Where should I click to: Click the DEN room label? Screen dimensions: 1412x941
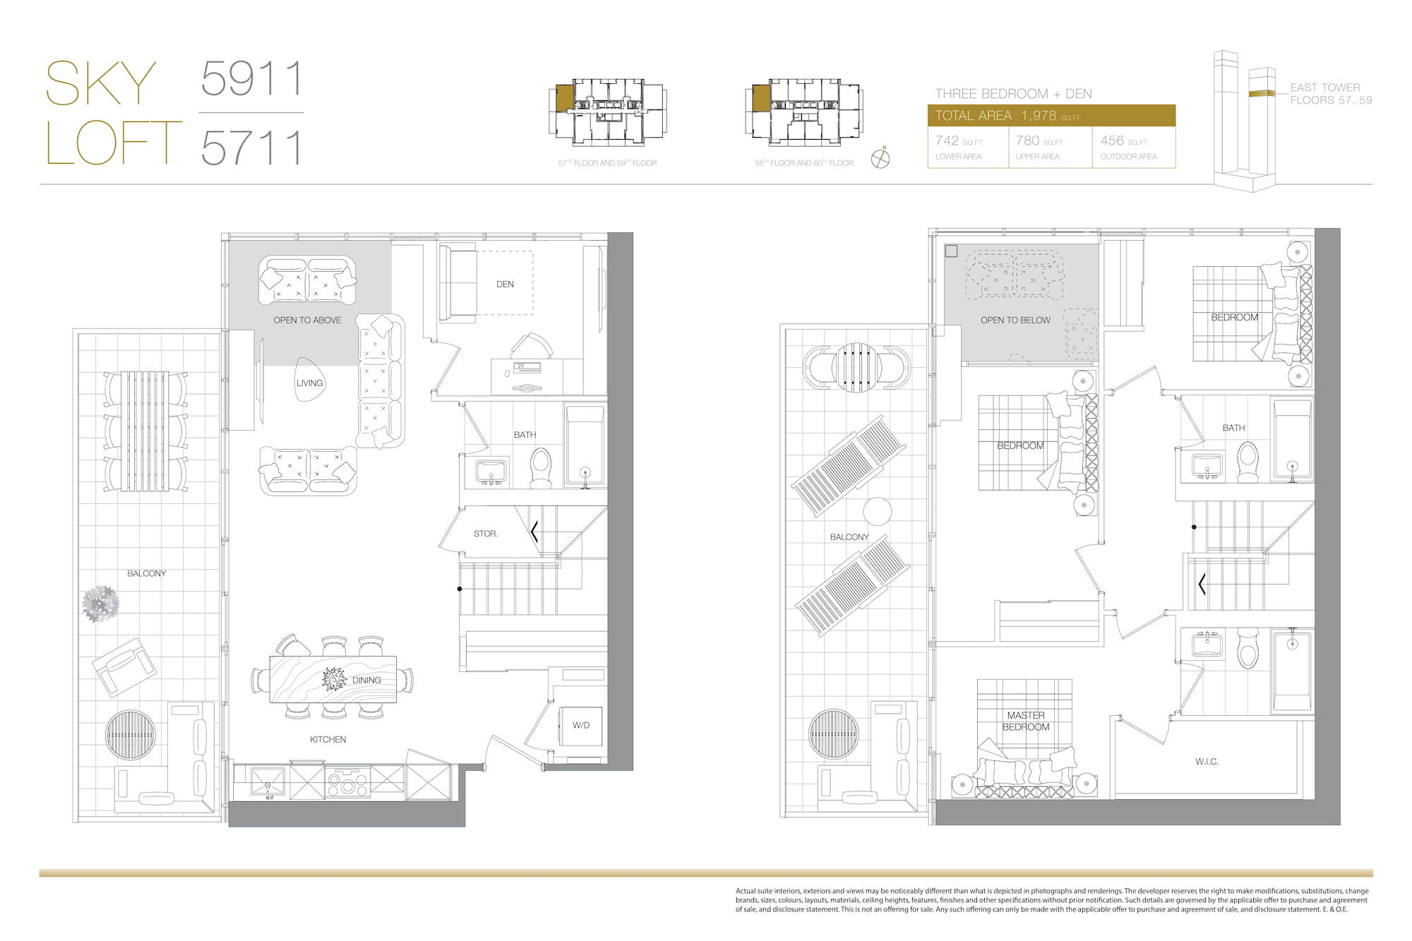[x=505, y=284]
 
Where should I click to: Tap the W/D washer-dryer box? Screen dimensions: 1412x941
[x=581, y=726]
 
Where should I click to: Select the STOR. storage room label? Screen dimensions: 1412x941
[x=486, y=534]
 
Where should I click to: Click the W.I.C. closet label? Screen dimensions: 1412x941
[x=1207, y=762]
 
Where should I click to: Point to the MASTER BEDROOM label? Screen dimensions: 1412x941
[x=1026, y=721]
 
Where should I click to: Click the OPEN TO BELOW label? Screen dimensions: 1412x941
[x=1015, y=320]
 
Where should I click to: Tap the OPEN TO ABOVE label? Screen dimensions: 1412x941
[x=307, y=320]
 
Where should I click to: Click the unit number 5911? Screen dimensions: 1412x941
[x=252, y=78]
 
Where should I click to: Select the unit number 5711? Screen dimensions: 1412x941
[x=252, y=148]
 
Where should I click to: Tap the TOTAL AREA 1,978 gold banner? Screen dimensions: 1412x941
[x=1051, y=116]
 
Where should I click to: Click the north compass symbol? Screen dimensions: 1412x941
[x=880, y=158]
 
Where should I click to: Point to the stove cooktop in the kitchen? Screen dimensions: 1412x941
[x=347, y=782]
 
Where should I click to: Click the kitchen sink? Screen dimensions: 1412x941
[x=268, y=783]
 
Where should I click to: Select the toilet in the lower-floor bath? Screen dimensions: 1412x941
[x=541, y=467]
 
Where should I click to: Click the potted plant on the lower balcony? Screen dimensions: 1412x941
[x=100, y=604]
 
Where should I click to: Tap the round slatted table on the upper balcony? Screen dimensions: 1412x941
[x=856, y=366]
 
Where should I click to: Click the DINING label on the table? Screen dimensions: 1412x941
[x=366, y=681]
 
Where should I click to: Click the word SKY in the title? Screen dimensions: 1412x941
[x=101, y=83]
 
